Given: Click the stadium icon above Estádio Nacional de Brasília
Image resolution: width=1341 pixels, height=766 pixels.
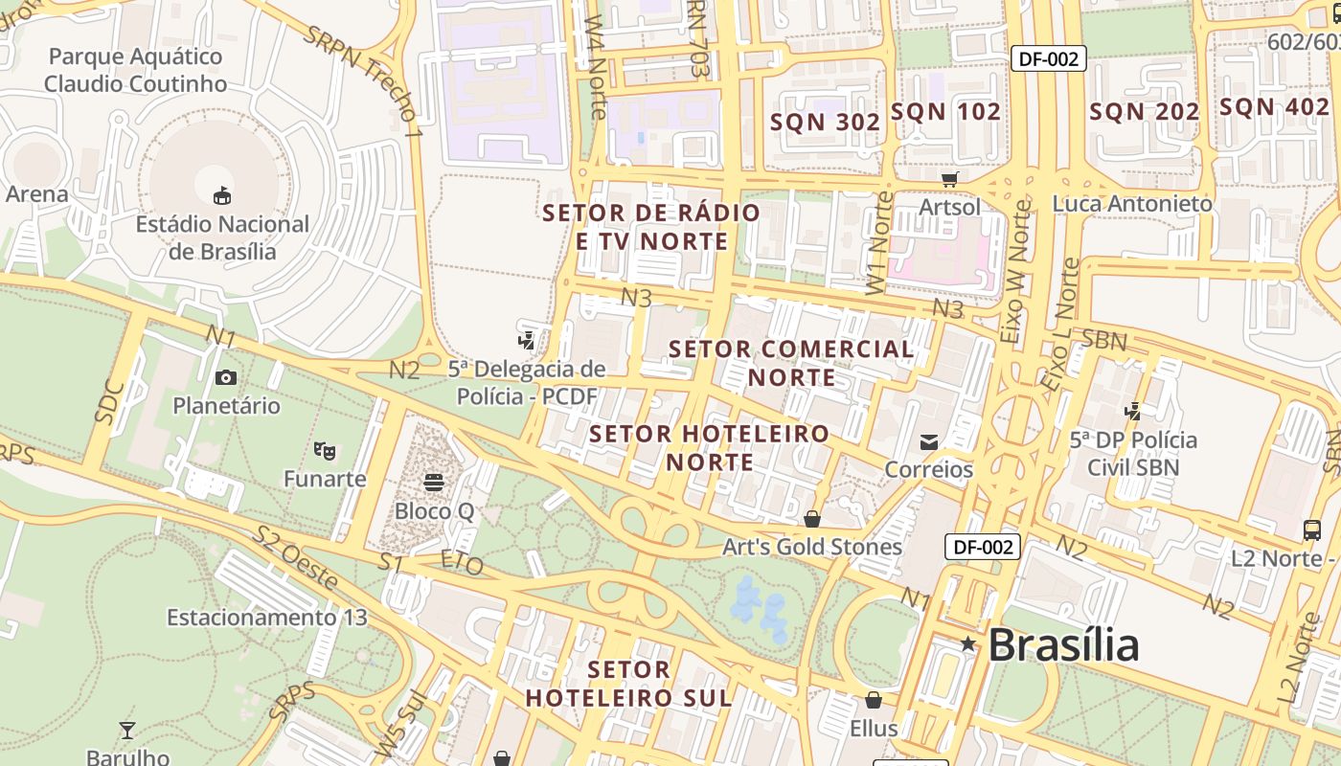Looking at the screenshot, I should [x=222, y=195].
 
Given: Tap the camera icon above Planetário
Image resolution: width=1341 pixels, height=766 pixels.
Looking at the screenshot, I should [x=226, y=377].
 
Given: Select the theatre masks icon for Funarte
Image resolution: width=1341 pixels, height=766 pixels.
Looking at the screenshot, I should [x=325, y=449].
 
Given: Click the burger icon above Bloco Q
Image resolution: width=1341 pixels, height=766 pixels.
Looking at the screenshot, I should [x=435, y=482].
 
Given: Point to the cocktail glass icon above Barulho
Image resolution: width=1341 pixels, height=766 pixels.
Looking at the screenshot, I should [x=127, y=731].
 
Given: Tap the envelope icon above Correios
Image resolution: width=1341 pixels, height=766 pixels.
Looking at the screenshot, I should [x=928, y=441].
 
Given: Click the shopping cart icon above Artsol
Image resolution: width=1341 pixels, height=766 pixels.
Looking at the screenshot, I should [x=949, y=179].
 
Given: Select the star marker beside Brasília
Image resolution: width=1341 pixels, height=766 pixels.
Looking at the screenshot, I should [x=968, y=644].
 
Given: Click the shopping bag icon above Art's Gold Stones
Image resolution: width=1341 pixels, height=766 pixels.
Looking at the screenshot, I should [x=812, y=519].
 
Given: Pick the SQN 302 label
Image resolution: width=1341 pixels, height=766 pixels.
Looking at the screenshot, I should [x=825, y=123].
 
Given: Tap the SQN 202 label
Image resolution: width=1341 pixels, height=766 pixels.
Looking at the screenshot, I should [x=1144, y=112].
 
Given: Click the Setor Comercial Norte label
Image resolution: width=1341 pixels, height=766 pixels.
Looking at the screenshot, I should [x=791, y=363].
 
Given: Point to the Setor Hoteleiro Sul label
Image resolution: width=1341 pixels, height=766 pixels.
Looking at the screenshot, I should [x=629, y=683].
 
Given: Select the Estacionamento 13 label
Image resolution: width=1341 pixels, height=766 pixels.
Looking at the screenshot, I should [x=266, y=618].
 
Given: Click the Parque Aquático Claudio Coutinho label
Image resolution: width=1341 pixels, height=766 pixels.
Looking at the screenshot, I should [x=135, y=70].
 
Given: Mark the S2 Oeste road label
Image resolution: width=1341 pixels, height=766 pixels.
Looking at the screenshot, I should [x=295, y=557].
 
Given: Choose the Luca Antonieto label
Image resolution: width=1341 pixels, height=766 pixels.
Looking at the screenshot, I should [x=1131, y=204].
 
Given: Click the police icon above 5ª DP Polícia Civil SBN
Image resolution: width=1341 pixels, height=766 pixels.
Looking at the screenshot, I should [x=1133, y=412].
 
